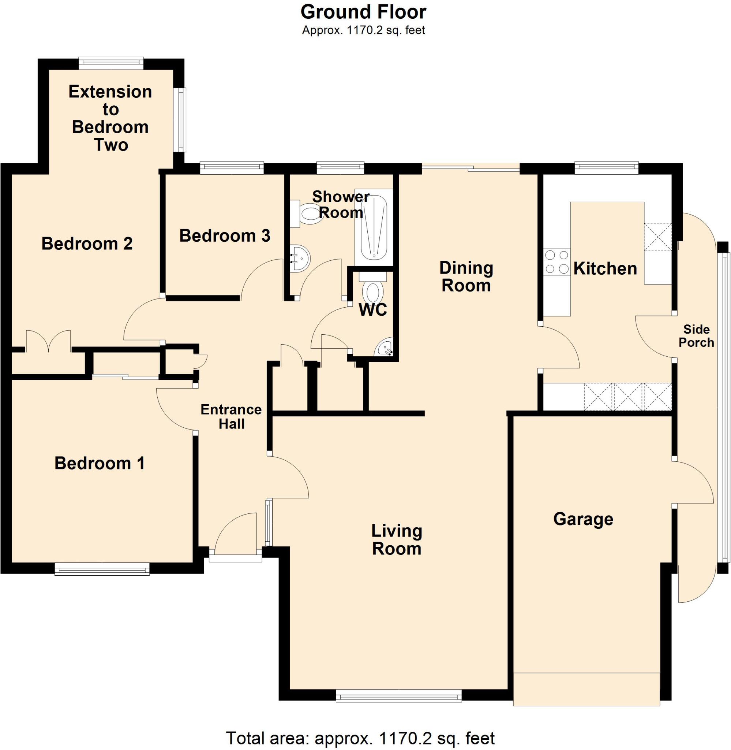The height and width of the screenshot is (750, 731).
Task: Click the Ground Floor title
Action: pyautogui.click(x=363, y=12)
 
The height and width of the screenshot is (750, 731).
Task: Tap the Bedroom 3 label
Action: pyautogui.click(x=225, y=236)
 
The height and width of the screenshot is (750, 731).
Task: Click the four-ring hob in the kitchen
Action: pyautogui.click(x=557, y=262)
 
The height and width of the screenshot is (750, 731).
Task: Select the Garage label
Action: pyautogui.click(x=583, y=519)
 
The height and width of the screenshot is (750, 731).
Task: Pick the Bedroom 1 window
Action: pyautogui.click(x=102, y=569)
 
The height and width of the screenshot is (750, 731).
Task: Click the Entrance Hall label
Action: pyautogui.click(x=231, y=417)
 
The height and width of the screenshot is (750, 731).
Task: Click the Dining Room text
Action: pyautogui.click(x=466, y=277)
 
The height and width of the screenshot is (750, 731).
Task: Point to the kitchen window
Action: pyautogui.click(x=606, y=167)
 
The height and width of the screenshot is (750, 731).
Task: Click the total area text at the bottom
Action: pyautogui.click(x=360, y=738)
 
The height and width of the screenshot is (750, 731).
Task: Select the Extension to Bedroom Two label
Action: pyautogui.click(x=110, y=118)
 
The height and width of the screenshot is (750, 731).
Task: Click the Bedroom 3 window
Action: pyautogui.click(x=232, y=167)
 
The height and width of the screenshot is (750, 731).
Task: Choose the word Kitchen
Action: pyautogui.click(x=605, y=268)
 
